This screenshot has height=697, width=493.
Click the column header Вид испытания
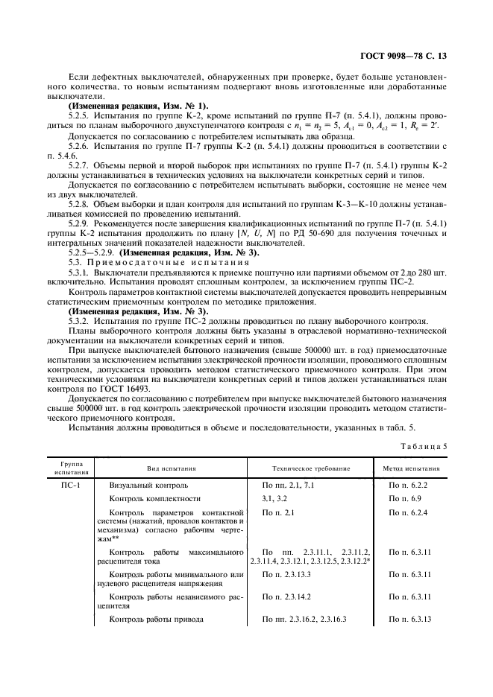[172, 468]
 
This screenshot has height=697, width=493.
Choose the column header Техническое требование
[311, 468]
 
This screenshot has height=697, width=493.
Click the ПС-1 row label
[72, 484]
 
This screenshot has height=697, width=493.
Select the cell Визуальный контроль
[143, 484]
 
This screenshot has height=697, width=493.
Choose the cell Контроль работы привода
[157, 620]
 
